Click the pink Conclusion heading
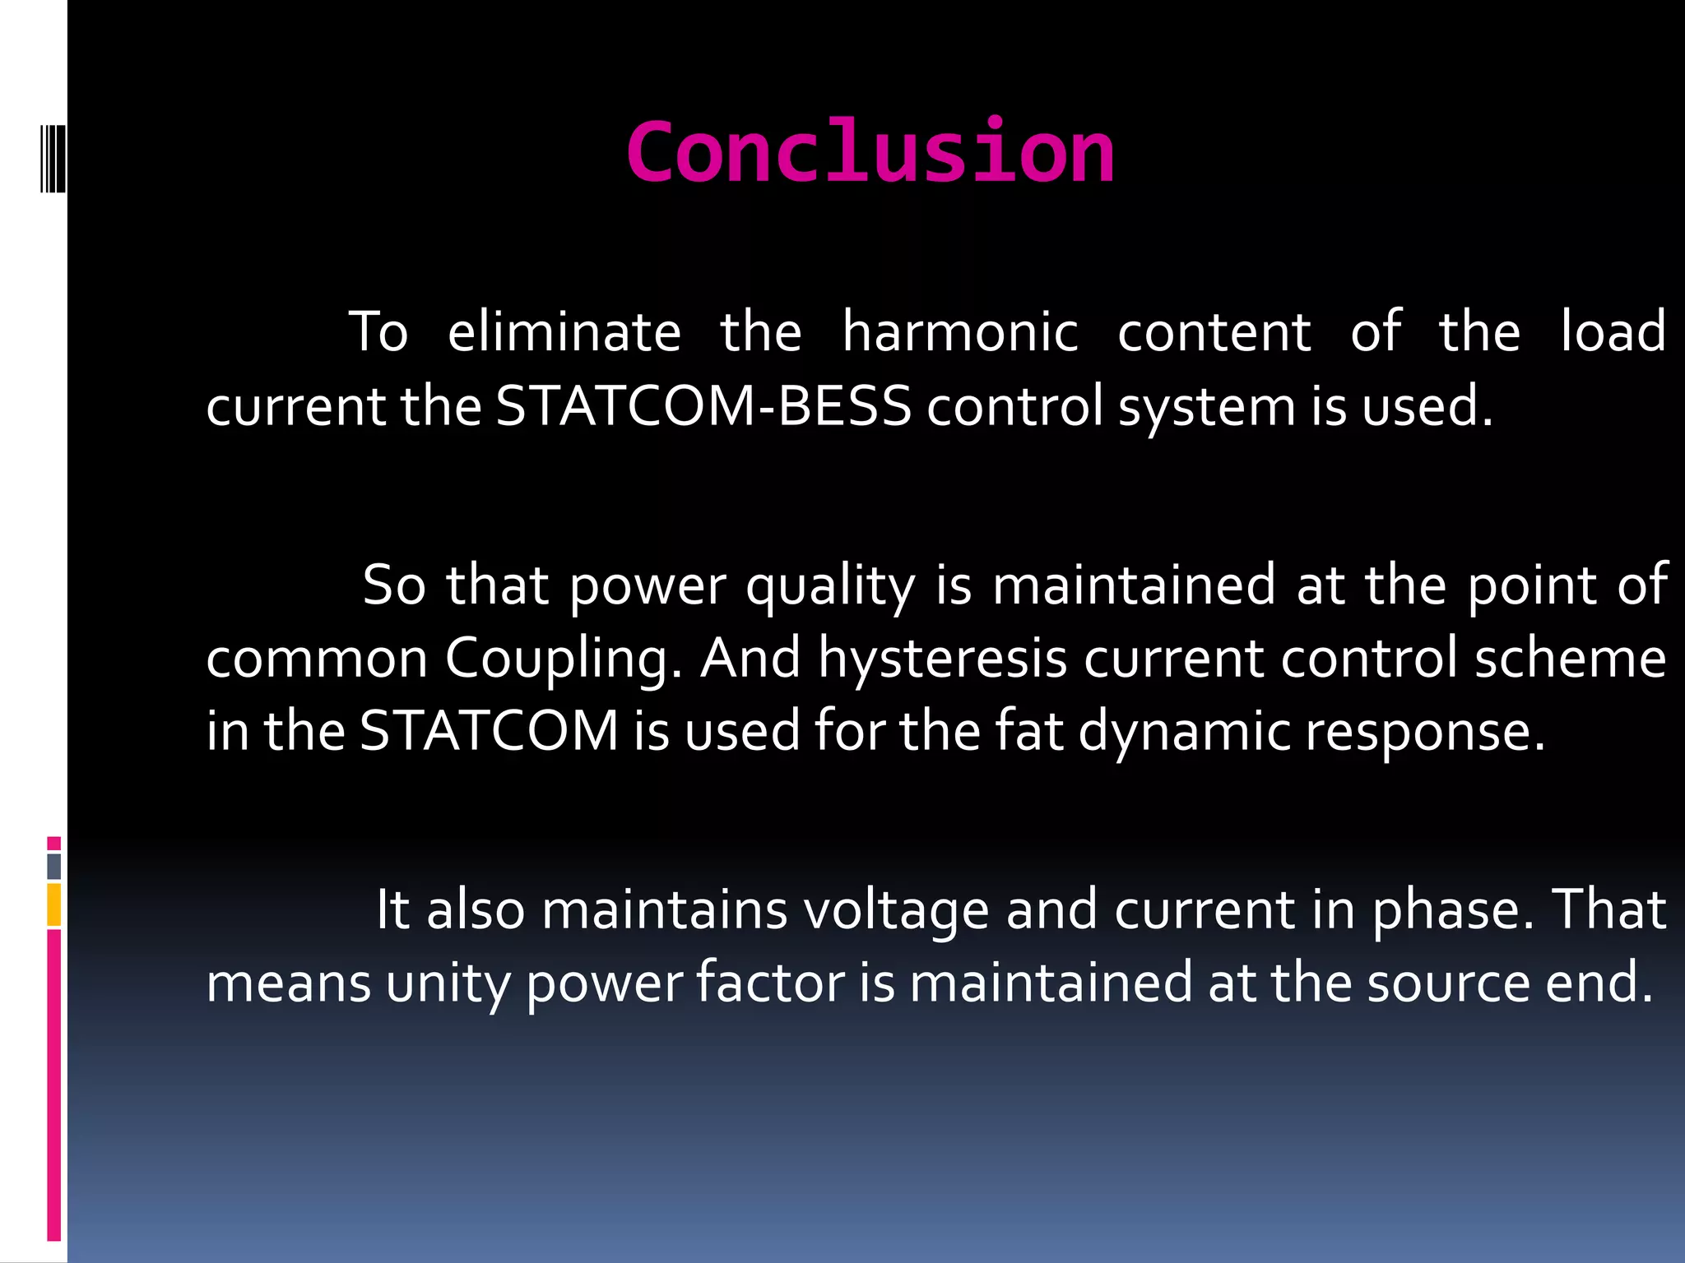[x=870, y=152]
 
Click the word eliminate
[x=564, y=333]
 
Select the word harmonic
[x=959, y=333]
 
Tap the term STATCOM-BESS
[x=703, y=406]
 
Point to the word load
[x=1613, y=333]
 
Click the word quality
[x=830, y=586]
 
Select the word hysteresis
[x=942, y=659]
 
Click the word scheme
[x=1570, y=659]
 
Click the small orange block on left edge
[x=53, y=904]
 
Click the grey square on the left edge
[x=53, y=866]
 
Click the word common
[x=317, y=659]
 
